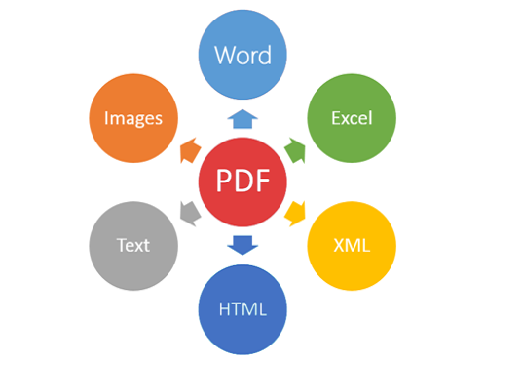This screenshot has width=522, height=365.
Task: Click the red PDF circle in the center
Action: pos(242,182)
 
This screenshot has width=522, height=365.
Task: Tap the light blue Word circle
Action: pos(242,55)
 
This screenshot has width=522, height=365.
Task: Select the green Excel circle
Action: pos(352,118)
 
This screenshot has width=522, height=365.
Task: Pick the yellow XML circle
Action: pos(352,246)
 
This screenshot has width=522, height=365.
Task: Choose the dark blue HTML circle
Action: pos(242,309)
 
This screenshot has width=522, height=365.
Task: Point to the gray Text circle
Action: pos(133,246)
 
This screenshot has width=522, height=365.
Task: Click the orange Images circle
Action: pos(133,118)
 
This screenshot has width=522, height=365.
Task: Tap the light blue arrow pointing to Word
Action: pos(242,119)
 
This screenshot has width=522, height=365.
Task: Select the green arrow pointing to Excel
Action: pos(296,150)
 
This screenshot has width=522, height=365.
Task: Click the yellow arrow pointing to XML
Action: pos(296,214)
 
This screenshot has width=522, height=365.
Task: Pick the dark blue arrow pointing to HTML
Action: pos(242,245)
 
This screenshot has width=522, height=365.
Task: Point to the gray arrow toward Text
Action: pos(190,214)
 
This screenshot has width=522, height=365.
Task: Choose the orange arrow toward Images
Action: pos(190,150)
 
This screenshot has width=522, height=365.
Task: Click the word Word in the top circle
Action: pos(242,55)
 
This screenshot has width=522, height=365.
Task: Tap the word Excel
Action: pos(352,118)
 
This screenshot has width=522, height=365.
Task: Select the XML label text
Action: pos(352,246)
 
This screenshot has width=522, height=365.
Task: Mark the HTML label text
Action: pos(242,309)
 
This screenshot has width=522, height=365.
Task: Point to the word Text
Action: pos(133,246)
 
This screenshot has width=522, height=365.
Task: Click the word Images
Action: pos(133,118)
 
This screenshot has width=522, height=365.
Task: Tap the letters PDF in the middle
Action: pos(242,181)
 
